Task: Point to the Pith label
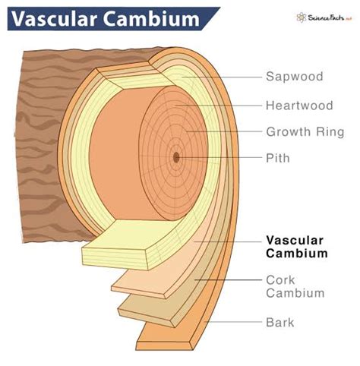[278, 159]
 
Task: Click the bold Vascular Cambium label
[298, 246]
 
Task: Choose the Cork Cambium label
[295, 286]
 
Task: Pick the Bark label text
[280, 322]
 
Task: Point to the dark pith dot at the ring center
[176, 157]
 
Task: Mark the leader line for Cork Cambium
[228, 279]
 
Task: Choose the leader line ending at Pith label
[220, 159]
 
